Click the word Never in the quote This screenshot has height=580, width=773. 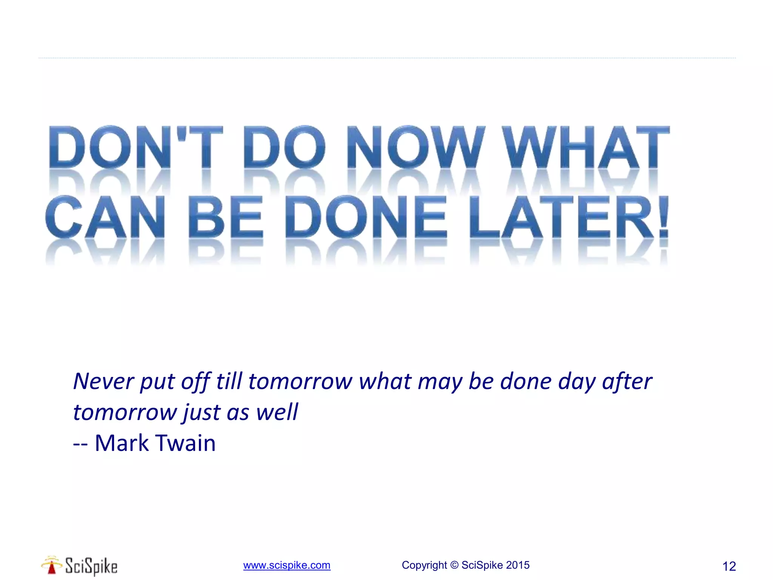point(103,381)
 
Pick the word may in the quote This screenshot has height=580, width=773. point(440,381)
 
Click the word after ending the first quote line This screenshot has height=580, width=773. point(627,381)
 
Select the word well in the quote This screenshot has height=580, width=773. point(277,412)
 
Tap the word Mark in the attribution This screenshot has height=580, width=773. point(122,443)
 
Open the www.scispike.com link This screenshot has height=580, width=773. point(287,565)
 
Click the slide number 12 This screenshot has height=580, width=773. point(729,566)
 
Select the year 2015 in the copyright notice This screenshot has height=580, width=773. point(518,565)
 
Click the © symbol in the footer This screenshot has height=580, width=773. point(454,565)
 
